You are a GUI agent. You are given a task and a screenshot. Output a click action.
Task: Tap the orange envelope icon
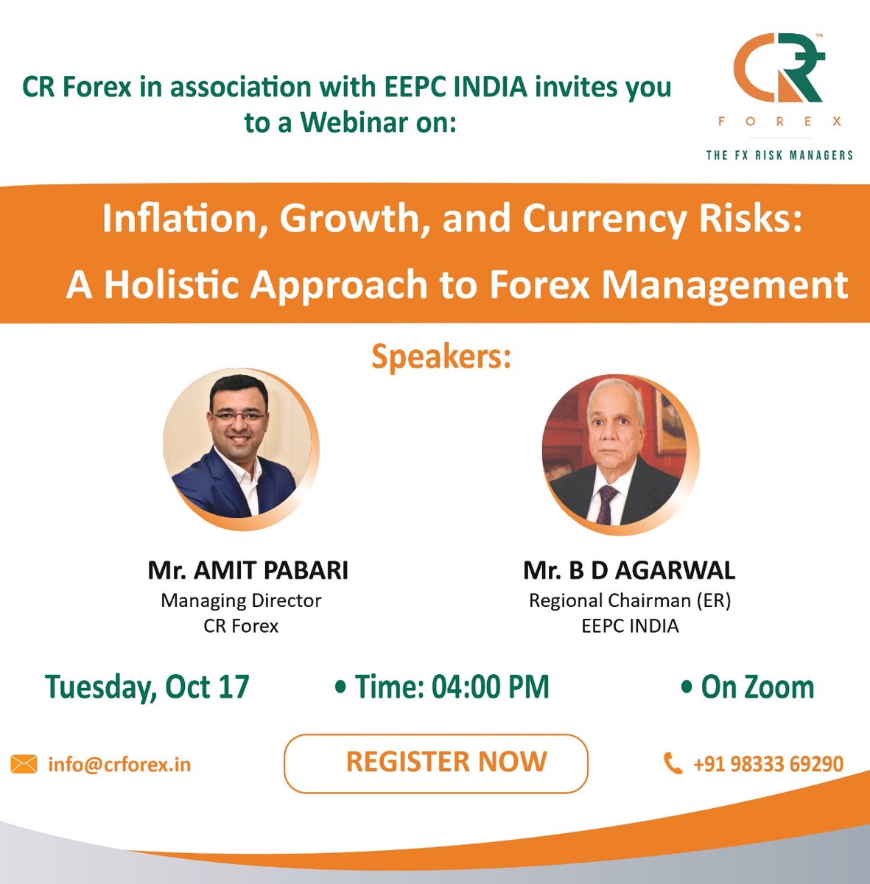pyautogui.click(x=24, y=765)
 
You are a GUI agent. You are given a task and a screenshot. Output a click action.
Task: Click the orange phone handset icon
pyautogui.click(x=673, y=763)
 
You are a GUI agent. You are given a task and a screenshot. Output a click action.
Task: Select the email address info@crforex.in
pyautogui.click(x=119, y=765)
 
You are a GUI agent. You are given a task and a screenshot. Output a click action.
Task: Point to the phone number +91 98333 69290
pyautogui.click(x=768, y=764)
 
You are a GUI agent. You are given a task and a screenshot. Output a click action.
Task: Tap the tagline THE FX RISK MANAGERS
pyautogui.click(x=779, y=155)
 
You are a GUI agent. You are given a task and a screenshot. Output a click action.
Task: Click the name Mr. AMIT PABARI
pyautogui.click(x=248, y=570)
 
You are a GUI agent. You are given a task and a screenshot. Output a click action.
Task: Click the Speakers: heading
pyautogui.click(x=441, y=357)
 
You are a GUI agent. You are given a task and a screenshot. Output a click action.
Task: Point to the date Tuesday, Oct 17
pyautogui.click(x=147, y=687)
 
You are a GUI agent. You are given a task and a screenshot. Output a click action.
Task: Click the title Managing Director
pyautogui.click(x=241, y=600)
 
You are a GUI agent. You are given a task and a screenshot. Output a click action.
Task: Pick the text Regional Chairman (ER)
pyautogui.click(x=629, y=600)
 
